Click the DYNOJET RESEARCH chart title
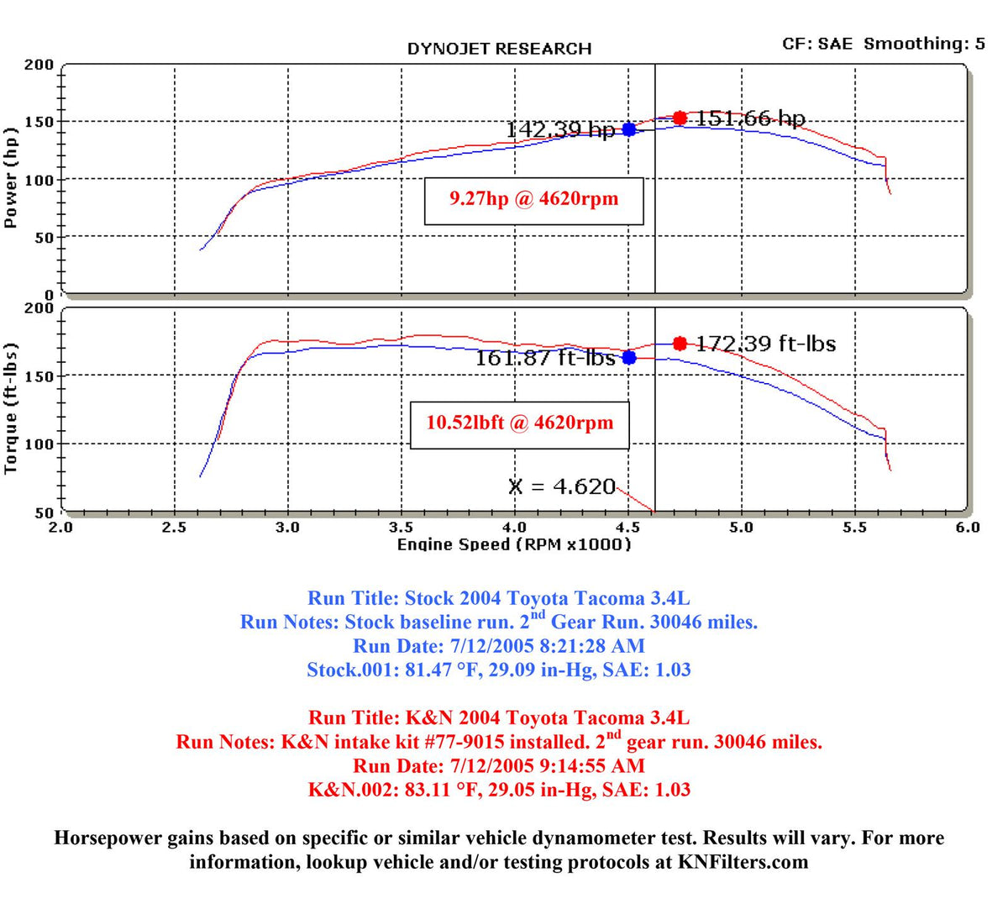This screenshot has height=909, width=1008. (499, 49)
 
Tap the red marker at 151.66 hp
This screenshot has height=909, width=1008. (680, 118)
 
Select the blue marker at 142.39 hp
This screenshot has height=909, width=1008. (629, 129)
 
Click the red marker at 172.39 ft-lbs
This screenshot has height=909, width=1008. (680, 344)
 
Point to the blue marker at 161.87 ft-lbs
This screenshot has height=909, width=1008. (629, 357)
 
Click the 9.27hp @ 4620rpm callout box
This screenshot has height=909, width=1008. (533, 201)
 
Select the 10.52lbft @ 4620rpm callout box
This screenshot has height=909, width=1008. (520, 425)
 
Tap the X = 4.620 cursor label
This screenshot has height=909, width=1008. (561, 486)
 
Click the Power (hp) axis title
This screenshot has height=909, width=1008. (11, 178)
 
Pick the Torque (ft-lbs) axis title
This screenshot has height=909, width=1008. (11, 408)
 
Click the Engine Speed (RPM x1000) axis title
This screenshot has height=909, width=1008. (513, 544)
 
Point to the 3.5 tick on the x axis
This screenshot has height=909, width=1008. (401, 528)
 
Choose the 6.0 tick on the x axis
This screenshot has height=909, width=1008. (968, 528)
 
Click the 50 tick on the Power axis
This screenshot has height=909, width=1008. (44, 238)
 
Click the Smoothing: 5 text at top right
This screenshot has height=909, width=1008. (925, 44)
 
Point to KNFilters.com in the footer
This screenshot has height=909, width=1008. (743, 862)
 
